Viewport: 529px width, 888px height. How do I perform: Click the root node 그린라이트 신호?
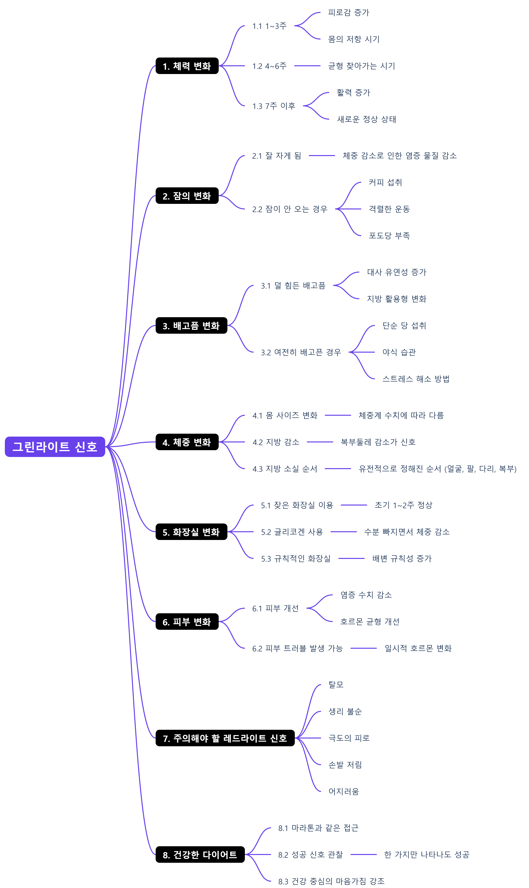(55, 447)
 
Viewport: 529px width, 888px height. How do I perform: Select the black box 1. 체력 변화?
(187, 66)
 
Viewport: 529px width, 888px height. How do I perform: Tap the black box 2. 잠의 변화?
(187, 196)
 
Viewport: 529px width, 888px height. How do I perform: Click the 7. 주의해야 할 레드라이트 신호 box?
(225, 738)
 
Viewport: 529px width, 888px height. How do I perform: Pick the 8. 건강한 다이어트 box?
(200, 855)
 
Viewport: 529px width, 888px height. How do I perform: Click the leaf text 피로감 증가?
(349, 12)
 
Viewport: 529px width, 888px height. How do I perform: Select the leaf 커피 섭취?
(385, 182)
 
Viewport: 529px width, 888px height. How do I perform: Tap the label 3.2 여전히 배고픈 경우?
(301, 352)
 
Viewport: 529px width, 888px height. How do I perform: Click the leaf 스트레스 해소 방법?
(416, 379)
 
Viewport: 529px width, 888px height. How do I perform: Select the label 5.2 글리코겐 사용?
(292, 532)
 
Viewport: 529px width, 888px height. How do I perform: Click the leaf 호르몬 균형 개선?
(370, 622)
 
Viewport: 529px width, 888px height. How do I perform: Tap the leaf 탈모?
(336, 685)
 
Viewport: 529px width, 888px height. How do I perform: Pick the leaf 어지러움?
(344, 792)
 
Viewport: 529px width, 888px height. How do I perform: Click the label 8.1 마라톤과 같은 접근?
(318, 828)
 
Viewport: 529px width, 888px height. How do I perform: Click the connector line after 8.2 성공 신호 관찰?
(364, 855)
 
